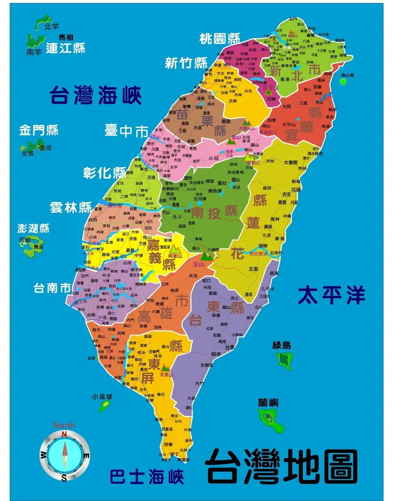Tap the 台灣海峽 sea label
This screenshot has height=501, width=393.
96,96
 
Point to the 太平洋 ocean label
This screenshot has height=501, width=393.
331,295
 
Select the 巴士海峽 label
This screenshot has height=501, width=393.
147,475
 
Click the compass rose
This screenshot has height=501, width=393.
64,456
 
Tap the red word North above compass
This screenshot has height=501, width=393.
64,425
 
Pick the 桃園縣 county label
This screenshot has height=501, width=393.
220,38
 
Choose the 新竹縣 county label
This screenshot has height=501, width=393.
186,63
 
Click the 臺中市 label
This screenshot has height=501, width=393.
126,130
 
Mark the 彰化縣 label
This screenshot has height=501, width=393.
105,173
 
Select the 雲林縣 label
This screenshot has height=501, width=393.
71,207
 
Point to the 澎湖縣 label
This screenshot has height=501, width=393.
33,228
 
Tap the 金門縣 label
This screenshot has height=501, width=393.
39,130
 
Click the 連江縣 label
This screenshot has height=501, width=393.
65,48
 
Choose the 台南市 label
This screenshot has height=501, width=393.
52,288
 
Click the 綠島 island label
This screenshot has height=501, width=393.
282,345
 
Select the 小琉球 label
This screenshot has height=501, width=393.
102,397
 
